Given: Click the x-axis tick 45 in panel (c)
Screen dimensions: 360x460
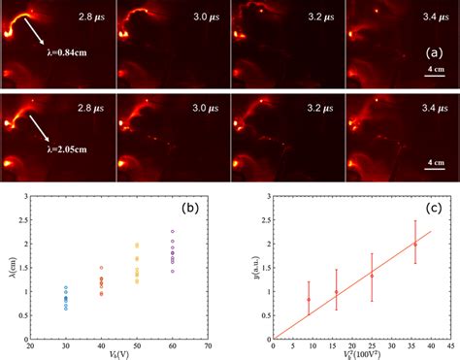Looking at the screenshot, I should [x=448, y=345].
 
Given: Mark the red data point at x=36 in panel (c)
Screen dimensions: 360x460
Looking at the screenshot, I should [x=415, y=245].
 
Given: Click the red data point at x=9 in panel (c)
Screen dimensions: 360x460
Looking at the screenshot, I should [x=309, y=299].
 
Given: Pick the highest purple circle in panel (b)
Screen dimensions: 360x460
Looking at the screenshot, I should [x=173, y=232].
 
